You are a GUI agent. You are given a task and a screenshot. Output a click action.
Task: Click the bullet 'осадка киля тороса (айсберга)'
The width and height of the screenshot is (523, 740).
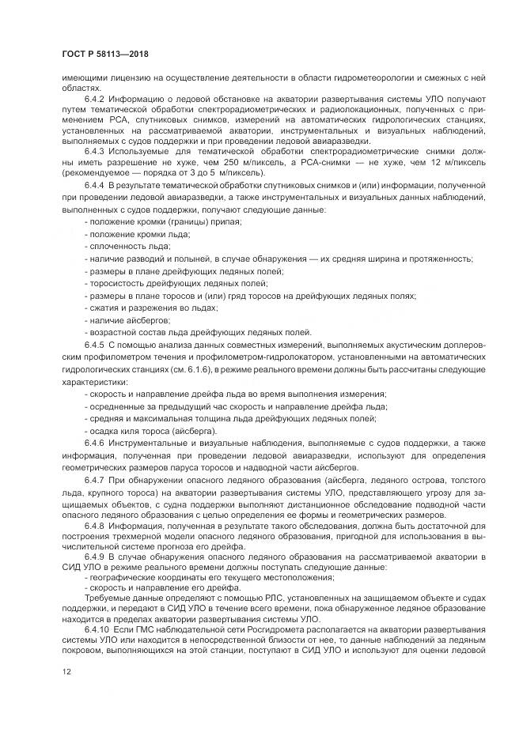pyautogui.click(x=150, y=431)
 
